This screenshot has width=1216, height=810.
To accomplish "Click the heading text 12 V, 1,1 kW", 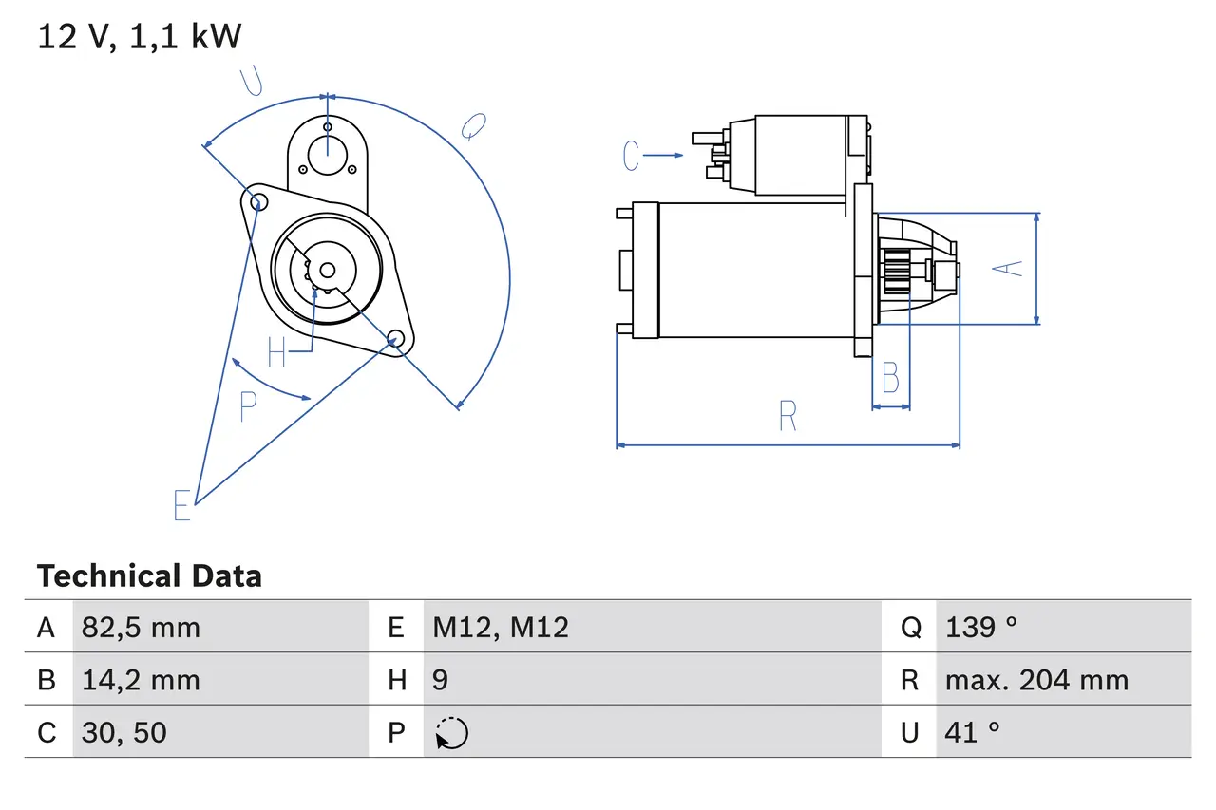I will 140,37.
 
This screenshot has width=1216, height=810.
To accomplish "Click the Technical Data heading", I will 149,576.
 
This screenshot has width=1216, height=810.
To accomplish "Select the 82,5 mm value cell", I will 142,627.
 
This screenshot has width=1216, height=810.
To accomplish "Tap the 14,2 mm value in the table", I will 142,680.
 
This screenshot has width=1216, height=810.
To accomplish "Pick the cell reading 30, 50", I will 124,732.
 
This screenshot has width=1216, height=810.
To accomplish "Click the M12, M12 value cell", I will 501,627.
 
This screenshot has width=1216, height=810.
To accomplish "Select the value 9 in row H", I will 441,680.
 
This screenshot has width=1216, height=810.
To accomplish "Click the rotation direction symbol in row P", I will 451,733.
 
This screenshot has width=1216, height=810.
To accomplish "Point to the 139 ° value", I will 980,627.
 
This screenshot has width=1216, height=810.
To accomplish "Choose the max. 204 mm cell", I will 1036,680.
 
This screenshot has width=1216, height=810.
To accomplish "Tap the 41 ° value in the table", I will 972,732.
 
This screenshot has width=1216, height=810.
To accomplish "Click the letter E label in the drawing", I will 182,505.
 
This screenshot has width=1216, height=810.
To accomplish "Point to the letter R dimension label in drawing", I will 787,416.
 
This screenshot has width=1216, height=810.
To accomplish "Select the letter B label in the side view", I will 890,378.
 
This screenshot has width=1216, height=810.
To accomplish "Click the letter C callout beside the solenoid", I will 632,155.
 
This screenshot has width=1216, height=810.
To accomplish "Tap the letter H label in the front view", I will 276,352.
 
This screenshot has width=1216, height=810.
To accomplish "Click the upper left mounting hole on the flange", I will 254,199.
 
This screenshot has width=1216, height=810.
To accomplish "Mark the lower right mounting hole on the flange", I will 395,337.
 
